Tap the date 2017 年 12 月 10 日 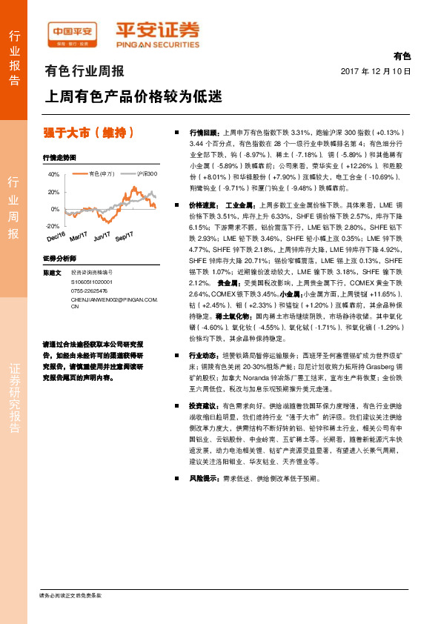coord(375,72)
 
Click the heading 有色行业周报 coord(84,72)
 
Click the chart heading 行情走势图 coord(60,159)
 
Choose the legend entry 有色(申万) coord(100,173)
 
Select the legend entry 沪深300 coord(146,173)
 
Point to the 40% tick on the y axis coord(53,175)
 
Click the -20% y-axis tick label coord(53,225)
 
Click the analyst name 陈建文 coord(52,273)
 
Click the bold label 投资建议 coord(204,406)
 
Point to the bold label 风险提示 coord(204,479)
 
